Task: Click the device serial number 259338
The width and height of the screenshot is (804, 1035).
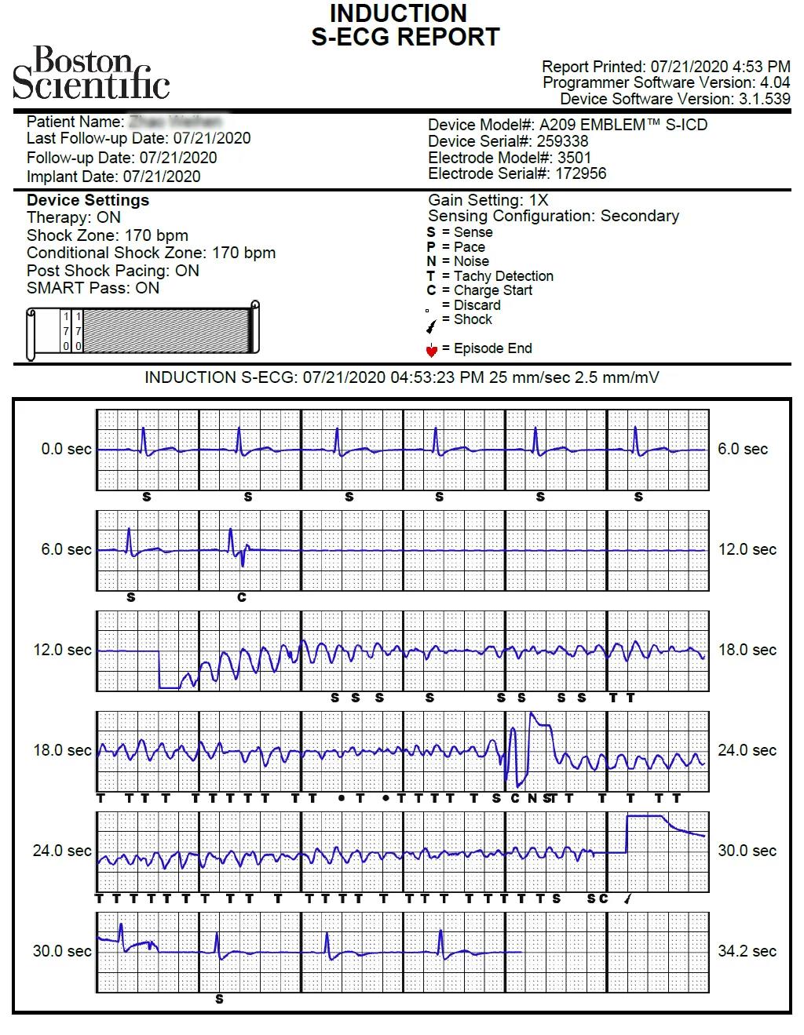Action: [x=562, y=141]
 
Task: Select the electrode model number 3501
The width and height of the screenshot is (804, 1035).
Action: [x=574, y=158]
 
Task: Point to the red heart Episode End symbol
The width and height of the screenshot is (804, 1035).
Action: [x=431, y=349]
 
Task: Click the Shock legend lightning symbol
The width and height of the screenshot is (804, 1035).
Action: [x=430, y=324]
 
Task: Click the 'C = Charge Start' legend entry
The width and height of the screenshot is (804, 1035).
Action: [x=480, y=290]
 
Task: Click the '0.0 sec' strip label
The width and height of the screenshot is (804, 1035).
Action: [x=66, y=450]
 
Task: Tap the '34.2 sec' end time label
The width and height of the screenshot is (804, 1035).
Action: [x=747, y=951]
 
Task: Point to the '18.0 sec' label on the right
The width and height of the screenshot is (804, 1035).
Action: [x=747, y=650]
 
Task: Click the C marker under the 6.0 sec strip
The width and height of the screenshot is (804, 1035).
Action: [x=242, y=597]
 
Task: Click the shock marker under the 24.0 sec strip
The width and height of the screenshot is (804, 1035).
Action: [x=627, y=899]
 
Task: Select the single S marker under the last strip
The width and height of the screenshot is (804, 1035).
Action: [x=219, y=999]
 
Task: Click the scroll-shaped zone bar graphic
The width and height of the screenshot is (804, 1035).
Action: [x=143, y=330]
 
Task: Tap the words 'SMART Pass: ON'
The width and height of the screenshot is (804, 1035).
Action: [x=93, y=288]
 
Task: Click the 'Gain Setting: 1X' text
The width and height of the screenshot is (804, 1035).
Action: [x=488, y=200]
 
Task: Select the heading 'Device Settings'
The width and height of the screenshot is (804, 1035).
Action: [x=87, y=200]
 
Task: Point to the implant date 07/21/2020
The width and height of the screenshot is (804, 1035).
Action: [x=161, y=177]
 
